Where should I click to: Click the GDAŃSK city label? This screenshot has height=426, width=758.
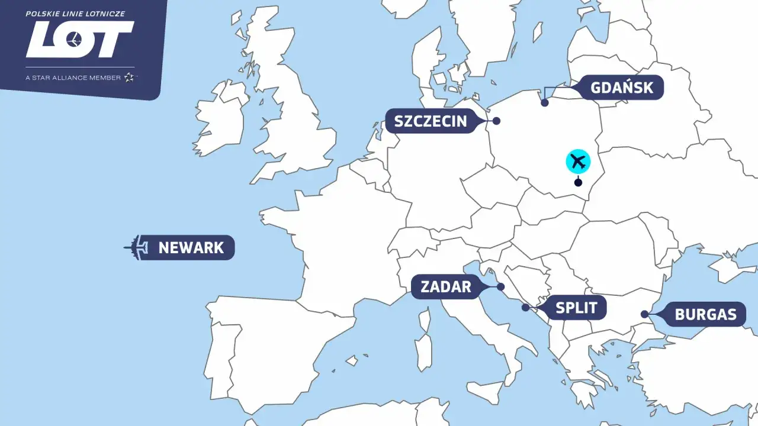click(622, 88)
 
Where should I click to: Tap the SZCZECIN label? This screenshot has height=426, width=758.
click(431, 122)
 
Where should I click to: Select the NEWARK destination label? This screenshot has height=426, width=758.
click(191, 247)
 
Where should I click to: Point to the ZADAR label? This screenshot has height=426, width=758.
click(446, 288)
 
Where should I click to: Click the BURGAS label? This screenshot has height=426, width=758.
click(705, 314)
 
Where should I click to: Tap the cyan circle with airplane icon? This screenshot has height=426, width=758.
click(578, 162)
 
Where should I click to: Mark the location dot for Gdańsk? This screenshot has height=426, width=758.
click(545, 103)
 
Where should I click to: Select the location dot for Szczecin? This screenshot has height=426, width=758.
click(496, 121)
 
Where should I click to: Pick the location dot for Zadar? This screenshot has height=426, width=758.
click(500, 287)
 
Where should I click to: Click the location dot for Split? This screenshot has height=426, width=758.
click(525, 307)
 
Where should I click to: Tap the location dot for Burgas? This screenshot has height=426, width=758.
click(644, 314)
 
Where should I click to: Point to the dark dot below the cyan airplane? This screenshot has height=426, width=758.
click(578, 182)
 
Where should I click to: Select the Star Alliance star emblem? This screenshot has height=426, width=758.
click(130, 78)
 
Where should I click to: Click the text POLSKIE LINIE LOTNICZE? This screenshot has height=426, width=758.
click(75, 14)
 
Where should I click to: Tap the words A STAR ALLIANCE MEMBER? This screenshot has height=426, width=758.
click(73, 78)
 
